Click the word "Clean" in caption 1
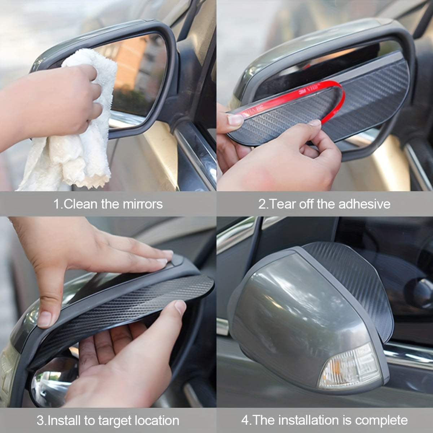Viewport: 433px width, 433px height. pos(81,204)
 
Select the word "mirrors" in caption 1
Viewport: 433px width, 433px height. pos(143,204)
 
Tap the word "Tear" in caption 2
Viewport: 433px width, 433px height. pos(281,204)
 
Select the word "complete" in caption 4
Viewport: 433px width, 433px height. pos(381,420)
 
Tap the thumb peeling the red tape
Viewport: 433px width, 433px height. pos(235,119)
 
